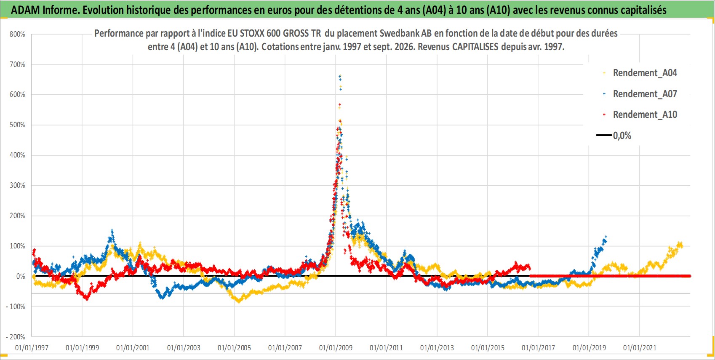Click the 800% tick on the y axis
pyautogui.click(x=17, y=34)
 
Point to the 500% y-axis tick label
pyautogui.click(x=17, y=125)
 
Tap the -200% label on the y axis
pyautogui.click(x=15, y=337)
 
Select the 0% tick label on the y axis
pyautogui.click(x=21, y=276)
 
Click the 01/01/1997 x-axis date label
pyautogui.click(x=32, y=347)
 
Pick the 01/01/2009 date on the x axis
pyautogui.click(x=336, y=347)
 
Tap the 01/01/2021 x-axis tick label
pyautogui.click(x=640, y=347)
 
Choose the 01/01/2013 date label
pyautogui.click(x=437, y=347)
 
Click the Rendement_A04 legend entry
pyautogui.click(x=645, y=73)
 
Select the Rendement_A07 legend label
pyautogui.click(x=645, y=94)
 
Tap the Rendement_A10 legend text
pyautogui.click(x=645, y=115)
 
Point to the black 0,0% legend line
pyautogui.click(x=604, y=135)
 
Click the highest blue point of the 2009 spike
pyautogui.click(x=340, y=76)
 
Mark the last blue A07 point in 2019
pyautogui.click(x=606, y=237)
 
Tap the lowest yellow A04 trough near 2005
pyautogui.click(x=239, y=301)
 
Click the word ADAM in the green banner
pyautogui.click(x=26, y=10)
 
